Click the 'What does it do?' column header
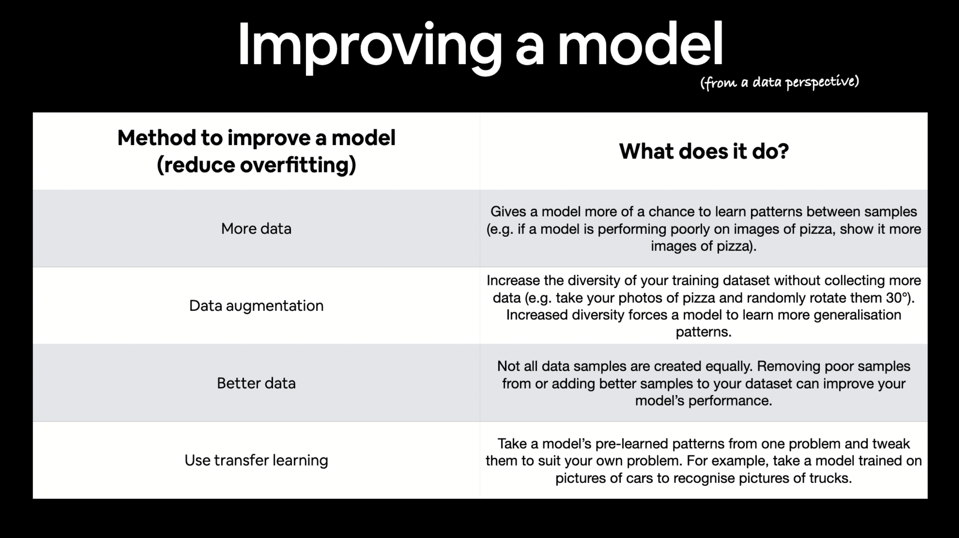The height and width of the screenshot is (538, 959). (704, 151)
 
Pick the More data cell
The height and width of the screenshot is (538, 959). (256, 229)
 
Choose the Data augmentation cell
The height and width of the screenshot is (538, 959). (256, 306)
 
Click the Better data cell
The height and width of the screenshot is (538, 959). (256, 383)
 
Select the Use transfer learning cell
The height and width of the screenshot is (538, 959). (256, 460)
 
